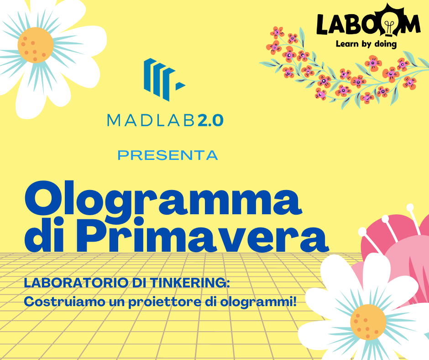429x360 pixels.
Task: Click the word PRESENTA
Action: pyautogui.click(x=167, y=155)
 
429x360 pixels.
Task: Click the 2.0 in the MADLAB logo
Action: pyautogui.click(x=210, y=121)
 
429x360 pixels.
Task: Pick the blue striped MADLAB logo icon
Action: pyautogui.click(x=164, y=79)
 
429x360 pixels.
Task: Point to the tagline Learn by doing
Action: pyautogui.click(x=366, y=44)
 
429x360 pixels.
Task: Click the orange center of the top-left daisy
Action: pyautogui.click(x=36, y=45)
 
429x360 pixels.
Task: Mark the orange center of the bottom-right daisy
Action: pyautogui.click(x=368, y=322)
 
